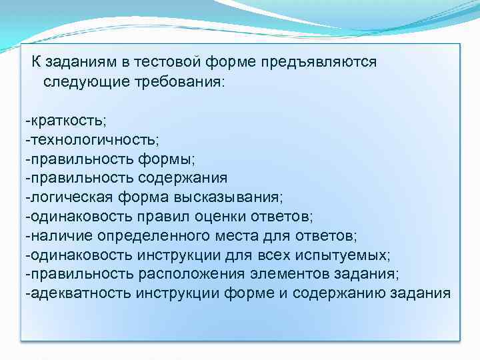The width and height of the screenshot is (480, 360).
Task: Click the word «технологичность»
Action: pos(93,140)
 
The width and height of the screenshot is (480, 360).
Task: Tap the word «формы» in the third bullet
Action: pos(167,159)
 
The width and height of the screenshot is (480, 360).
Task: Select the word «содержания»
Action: pos(183,179)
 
